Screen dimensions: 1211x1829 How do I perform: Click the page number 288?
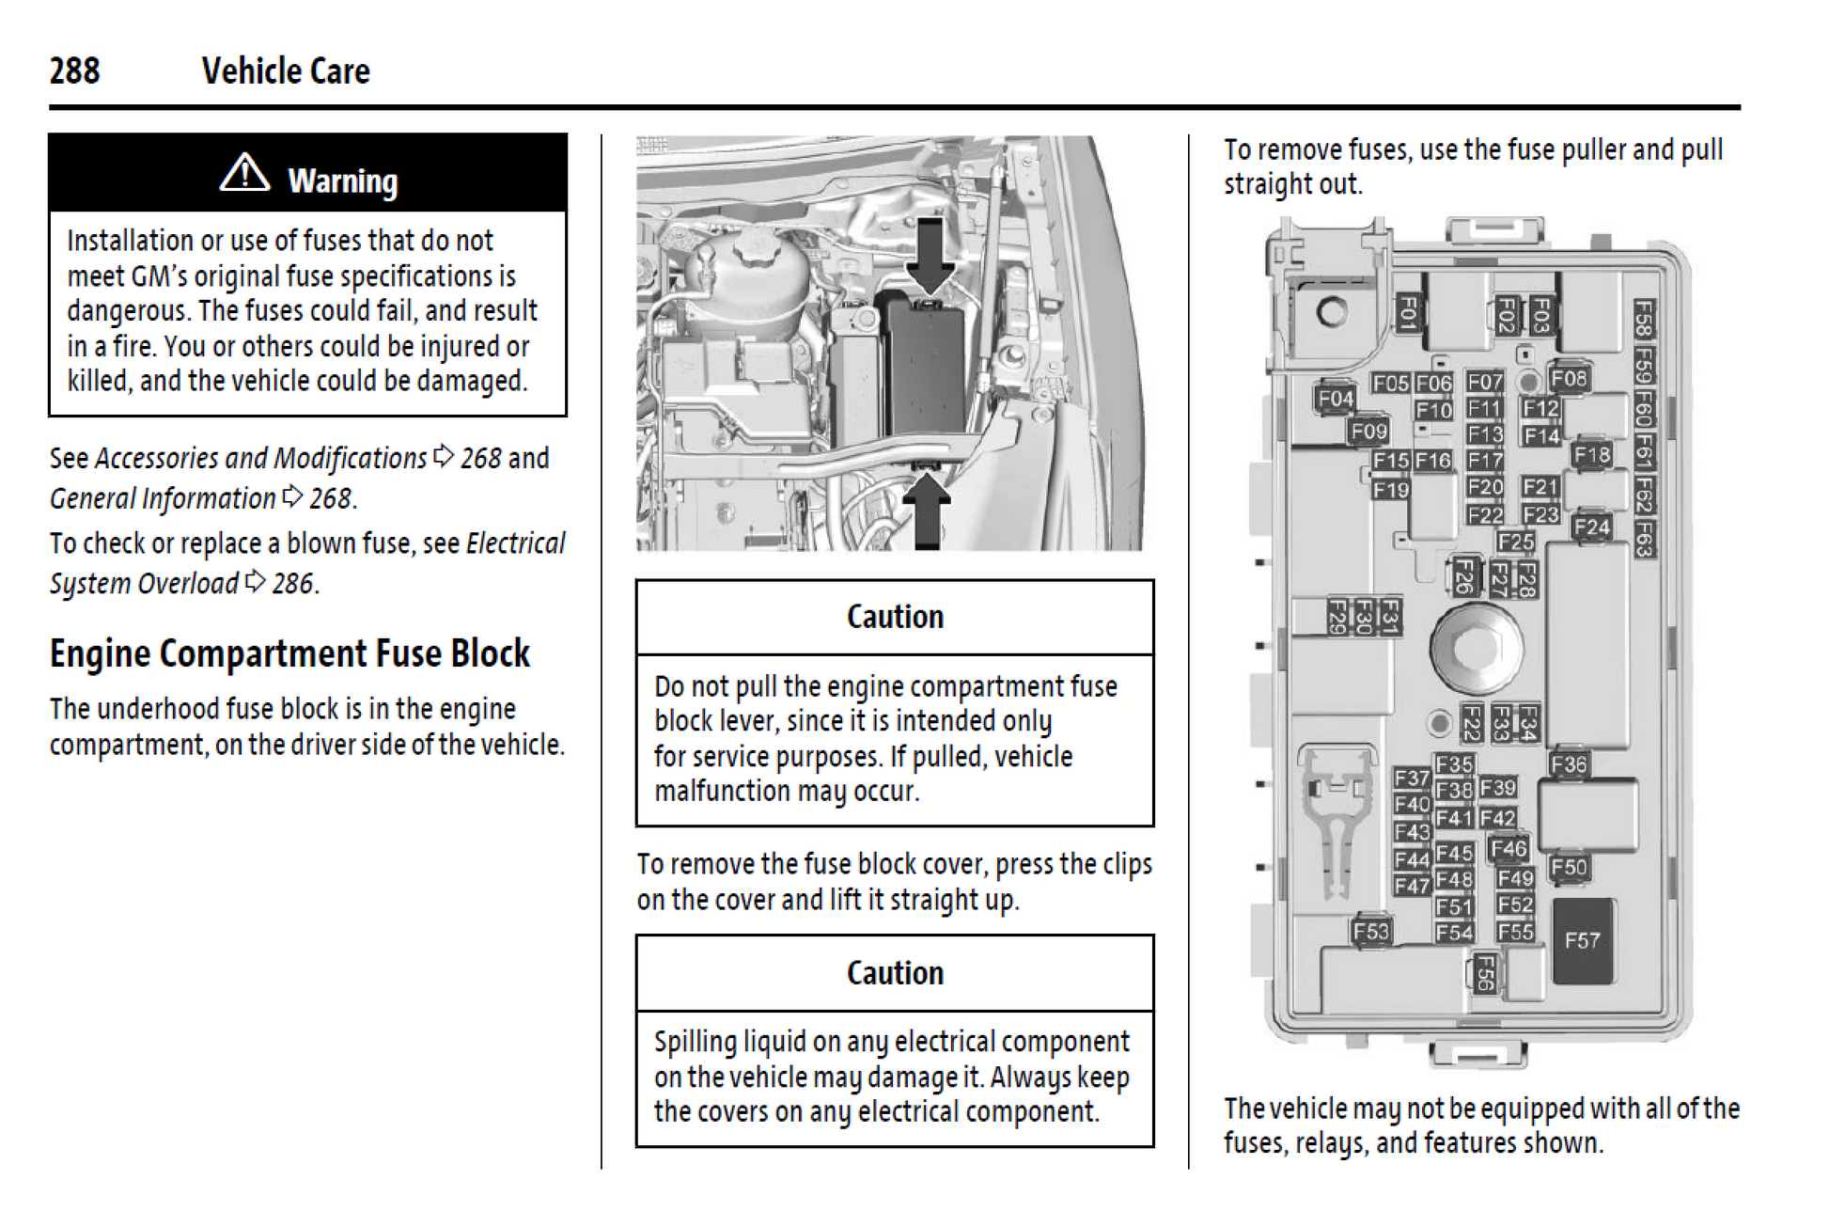(74, 71)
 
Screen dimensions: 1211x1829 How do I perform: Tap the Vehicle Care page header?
(286, 71)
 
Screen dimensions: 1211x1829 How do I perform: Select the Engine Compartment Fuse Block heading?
(289, 653)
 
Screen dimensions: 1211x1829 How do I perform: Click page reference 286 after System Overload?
(292, 584)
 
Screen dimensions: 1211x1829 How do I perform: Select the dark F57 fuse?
(1583, 940)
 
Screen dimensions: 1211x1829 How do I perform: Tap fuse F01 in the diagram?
(1407, 311)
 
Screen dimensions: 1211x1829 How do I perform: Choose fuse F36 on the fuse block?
(1569, 764)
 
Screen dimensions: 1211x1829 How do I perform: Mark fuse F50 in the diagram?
(1569, 867)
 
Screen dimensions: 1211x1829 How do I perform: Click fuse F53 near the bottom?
(1371, 931)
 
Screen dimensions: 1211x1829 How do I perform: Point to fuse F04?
(1336, 399)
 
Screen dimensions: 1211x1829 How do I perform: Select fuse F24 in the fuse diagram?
(1592, 527)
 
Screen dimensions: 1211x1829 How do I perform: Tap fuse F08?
(1569, 379)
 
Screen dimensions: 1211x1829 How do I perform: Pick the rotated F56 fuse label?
(1483, 973)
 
